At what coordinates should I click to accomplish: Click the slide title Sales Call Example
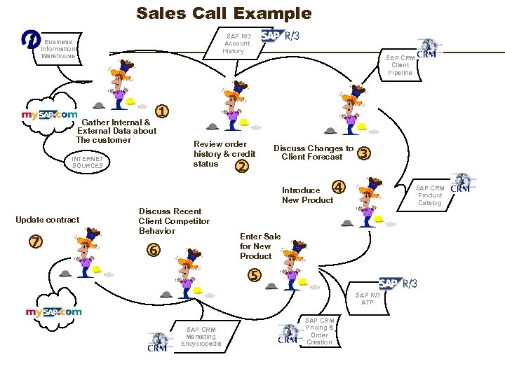click(x=224, y=13)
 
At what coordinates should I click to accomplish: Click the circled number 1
click(x=162, y=111)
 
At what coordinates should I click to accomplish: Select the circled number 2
click(x=242, y=166)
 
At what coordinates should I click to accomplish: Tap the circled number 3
click(x=363, y=153)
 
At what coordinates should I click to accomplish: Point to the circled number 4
click(x=339, y=187)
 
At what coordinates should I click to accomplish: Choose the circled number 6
click(x=152, y=250)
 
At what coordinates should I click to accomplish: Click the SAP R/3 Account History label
click(x=236, y=43)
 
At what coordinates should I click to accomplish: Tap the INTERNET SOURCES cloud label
click(x=87, y=162)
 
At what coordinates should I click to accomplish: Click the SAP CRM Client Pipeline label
click(x=400, y=65)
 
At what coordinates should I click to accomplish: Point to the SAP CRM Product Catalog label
click(x=430, y=195)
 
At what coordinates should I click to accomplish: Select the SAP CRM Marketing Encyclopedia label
click(x=201, y=337)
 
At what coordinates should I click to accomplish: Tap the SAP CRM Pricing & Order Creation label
click(x=319, y=331)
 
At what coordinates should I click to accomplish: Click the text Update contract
click(x=48, y=220)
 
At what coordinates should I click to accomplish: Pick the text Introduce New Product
click(x=307, y=195)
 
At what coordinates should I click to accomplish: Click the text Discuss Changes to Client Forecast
click(x=313, y=153)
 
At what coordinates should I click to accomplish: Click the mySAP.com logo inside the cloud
click(x=49, y=114)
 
